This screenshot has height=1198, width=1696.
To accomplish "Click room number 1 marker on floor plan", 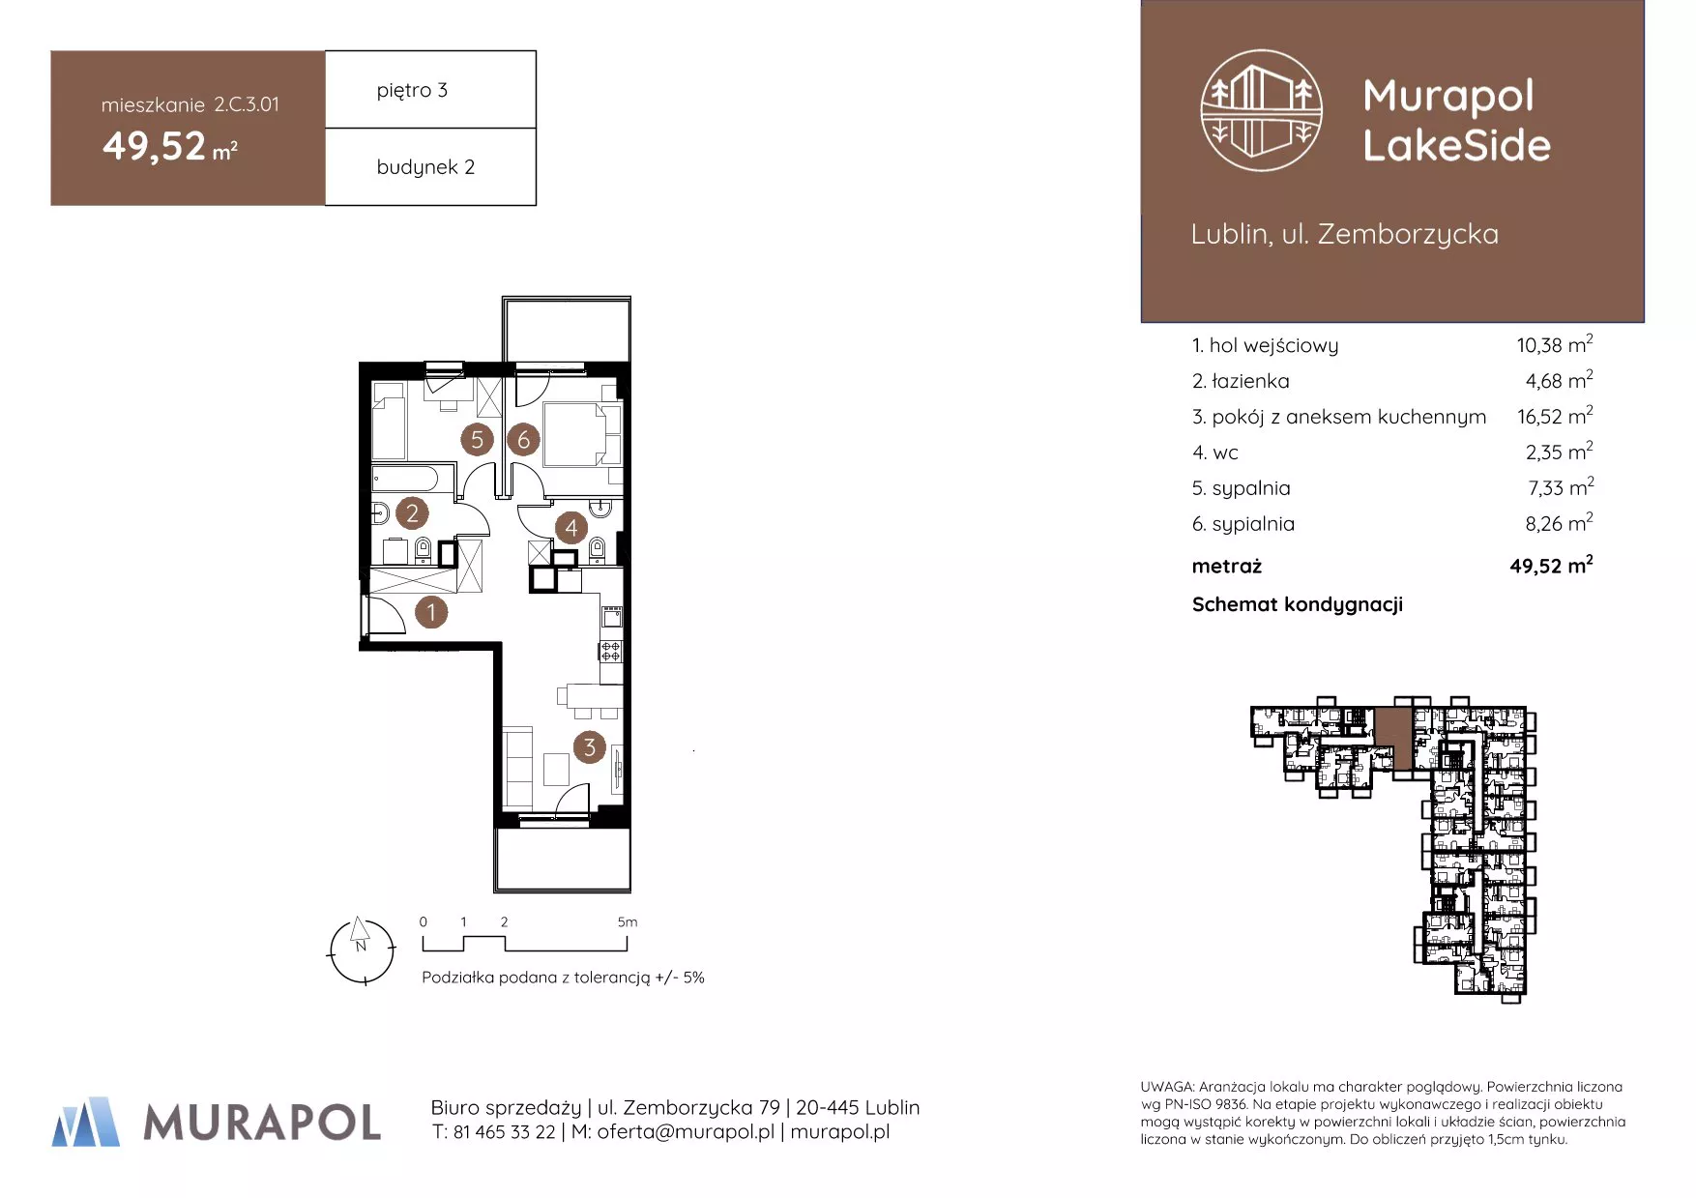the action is click(x=431, y=612).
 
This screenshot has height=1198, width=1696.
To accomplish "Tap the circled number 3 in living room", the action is click(x=589, y=746).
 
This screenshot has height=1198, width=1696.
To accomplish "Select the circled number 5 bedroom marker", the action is click(x=477, y=440).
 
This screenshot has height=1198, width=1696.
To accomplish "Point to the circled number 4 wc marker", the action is click(x=570, y=528).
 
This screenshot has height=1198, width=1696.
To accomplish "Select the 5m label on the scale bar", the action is click(x=628, y=922).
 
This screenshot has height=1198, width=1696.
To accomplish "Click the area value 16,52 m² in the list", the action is click(x=1555, y=416).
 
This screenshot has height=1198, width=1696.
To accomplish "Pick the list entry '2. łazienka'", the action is click(x=1241, y=381).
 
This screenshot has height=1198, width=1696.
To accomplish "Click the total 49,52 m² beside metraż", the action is click(x=1551, y=565).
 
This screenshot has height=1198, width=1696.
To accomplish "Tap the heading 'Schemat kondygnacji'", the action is click(x=1297, y=604).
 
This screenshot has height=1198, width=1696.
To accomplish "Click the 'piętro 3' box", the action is click(x=430, y=89).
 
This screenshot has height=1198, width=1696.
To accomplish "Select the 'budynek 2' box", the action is click(x=430, y=166).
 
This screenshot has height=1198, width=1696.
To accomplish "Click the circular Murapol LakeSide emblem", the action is click(x=1261, y=111).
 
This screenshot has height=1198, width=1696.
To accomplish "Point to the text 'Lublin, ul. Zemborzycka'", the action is click(x=1344, y=234).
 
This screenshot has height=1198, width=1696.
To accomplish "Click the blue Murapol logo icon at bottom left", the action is click(x=86, y=1122).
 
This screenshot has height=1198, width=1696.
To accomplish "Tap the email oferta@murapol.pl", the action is click(x=686, y=1131).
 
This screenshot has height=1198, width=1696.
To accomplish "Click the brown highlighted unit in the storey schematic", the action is click(x=1393, y=739).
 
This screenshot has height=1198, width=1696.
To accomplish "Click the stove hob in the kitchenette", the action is click(x=610, y=651).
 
